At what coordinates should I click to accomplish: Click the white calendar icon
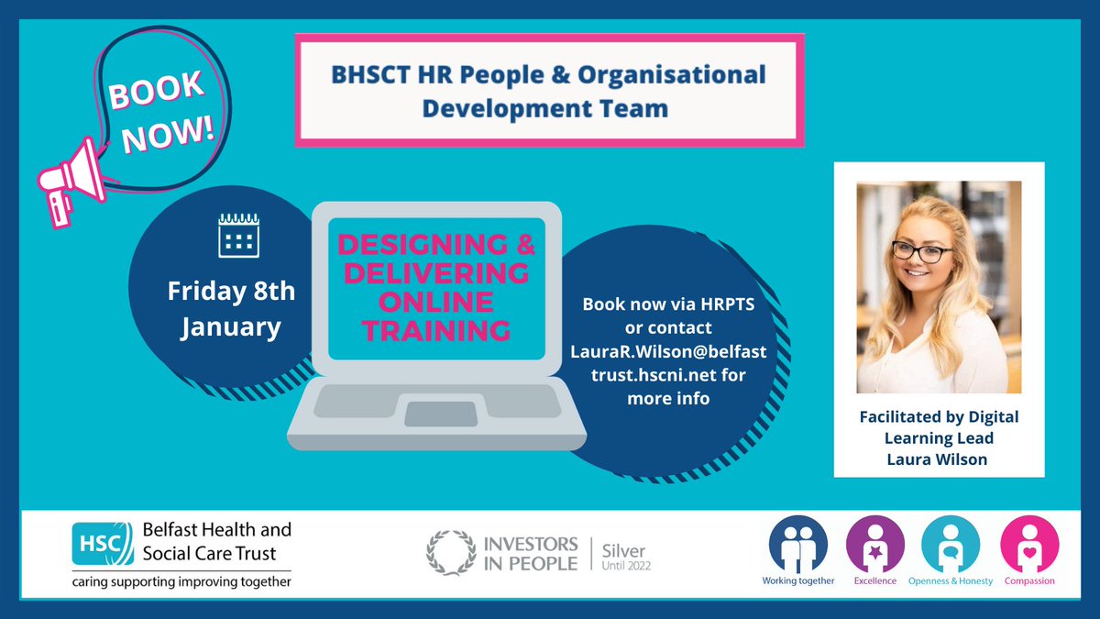pyautogui.click(x=237, y=235)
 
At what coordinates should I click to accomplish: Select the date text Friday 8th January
pyautogui.click(x=231, y=309)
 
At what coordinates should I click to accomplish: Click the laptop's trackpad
pyautogui.click(x=440, y=414)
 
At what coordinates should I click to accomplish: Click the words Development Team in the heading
pyautogui.click(x=551, y=107)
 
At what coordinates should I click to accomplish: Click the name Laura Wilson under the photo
pyautogui.click(x=938, y=459)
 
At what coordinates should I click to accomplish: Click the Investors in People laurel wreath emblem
pyautogui.click(x=449, y=552)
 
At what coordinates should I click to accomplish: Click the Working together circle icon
pyautogui.click(x=798, y=543)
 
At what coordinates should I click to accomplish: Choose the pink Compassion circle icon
pyautogui.click(x=1028, y=543)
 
